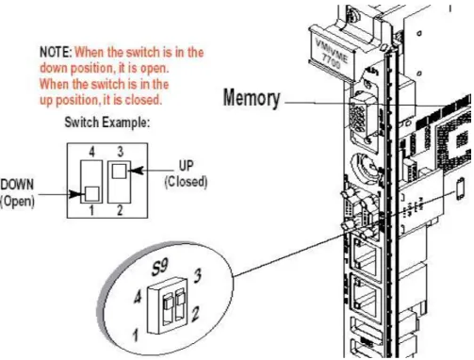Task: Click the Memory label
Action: (252, 98)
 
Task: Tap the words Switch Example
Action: (107, 123)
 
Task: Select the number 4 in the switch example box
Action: (91, 152)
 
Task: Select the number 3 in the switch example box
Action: (121, 152)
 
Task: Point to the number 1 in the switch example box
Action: (91, 210)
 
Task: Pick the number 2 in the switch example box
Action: (120, 210)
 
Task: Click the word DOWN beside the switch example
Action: (17, 185)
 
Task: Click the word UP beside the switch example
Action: (186, 166)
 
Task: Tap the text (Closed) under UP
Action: (186, 182)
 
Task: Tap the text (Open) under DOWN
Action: (17, 202)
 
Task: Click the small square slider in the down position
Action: (92, 194)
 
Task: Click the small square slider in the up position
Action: (120, 171)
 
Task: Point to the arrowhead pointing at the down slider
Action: (75, 194)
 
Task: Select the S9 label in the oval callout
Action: (159, 267)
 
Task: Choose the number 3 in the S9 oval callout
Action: (197, 276)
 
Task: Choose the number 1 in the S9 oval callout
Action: (136, 335)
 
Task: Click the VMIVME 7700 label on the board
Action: (332, 54)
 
